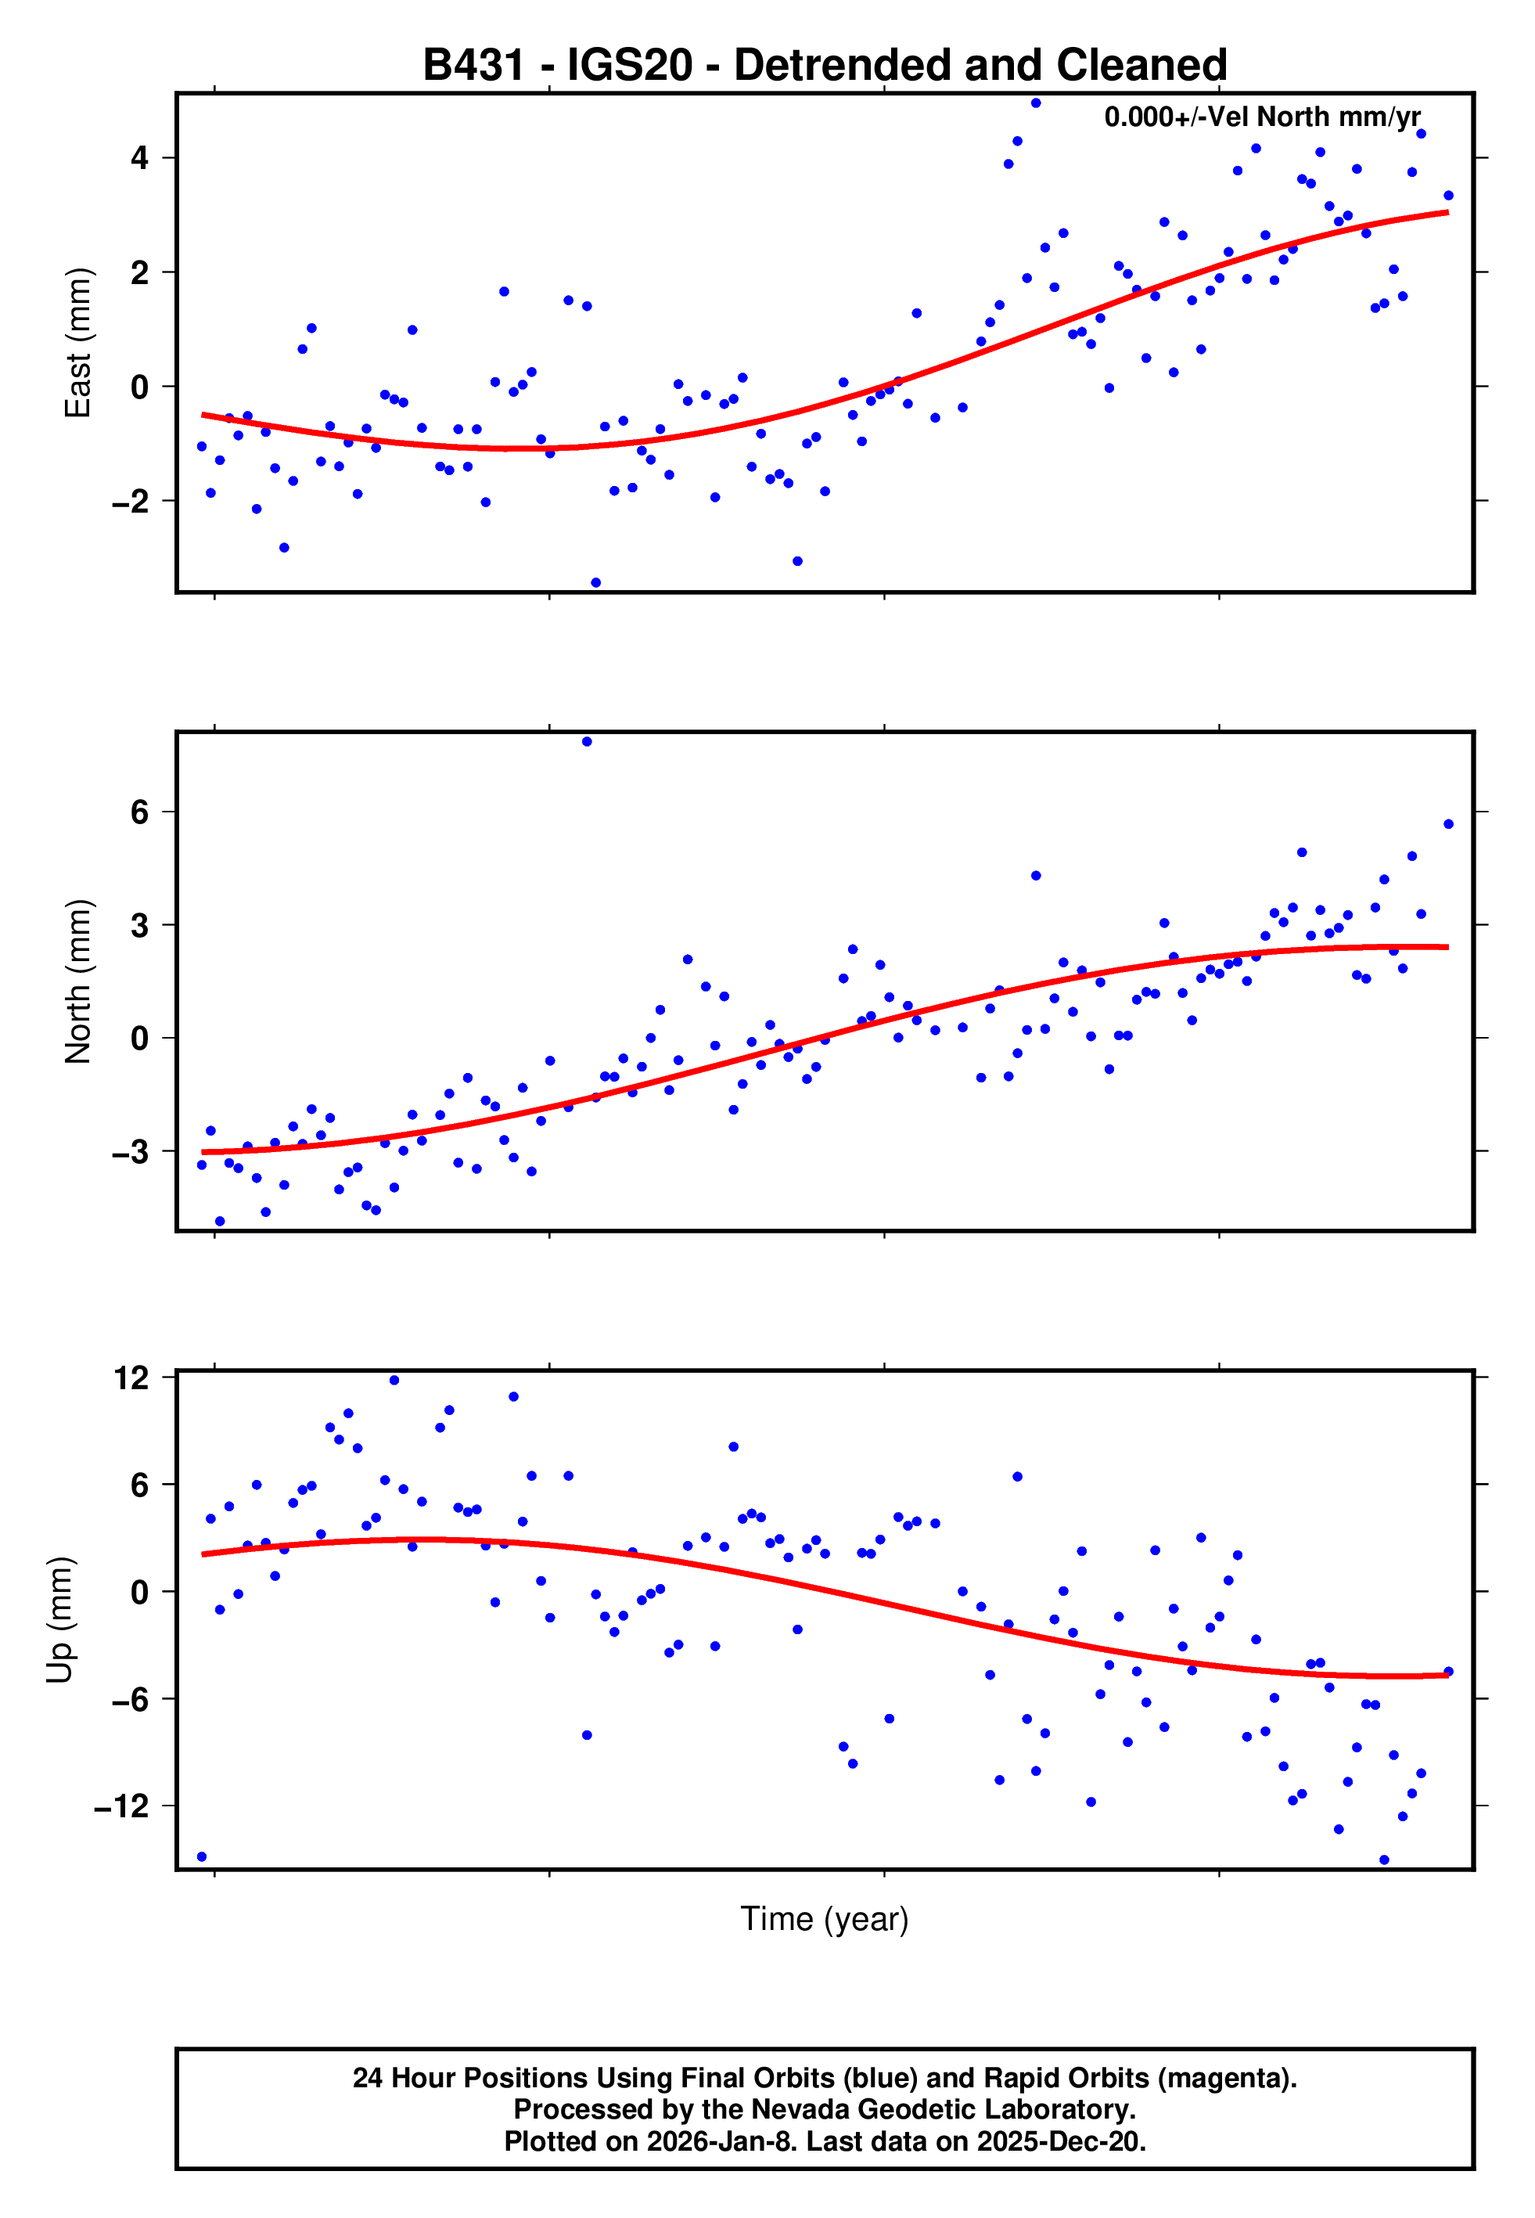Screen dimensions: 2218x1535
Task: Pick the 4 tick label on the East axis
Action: [140, 158]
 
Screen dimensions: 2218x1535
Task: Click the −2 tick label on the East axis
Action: [131, 501]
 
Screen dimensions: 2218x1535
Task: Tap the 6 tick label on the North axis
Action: [140, 812]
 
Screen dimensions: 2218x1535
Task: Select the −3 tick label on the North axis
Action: [131, 1151]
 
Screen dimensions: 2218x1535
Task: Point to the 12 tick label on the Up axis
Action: [131, 1377]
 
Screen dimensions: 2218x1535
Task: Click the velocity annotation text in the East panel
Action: [1262, 117]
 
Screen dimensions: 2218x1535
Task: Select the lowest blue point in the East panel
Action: [595, 583]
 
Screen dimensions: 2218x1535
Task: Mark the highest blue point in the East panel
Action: [1036, 103]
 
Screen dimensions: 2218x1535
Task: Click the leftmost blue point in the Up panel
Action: [201, 1856]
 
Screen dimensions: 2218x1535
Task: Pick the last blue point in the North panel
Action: [1448, 824]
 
